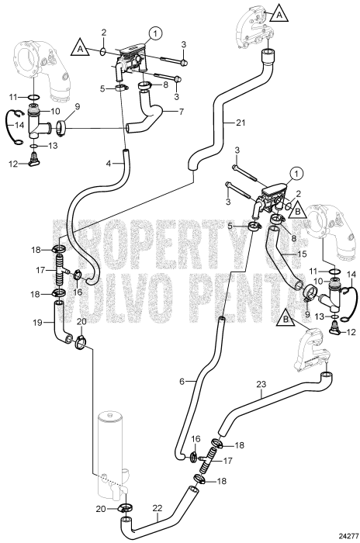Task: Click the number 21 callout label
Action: pyautogui.click(x=241, y=123)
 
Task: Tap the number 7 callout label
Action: pyautogui.click(x=182, y=112)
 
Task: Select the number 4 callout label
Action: pyautogui.click(x=109, y=163)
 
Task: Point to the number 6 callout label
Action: pyautogui.click(x=182, y=382)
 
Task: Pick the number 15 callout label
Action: pyautogui.click(x=302, y=254)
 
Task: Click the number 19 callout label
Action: pyautogui.click(x=37, y=323)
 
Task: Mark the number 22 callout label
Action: pyautogui.click(x=157, y=508)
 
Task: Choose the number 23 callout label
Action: pyautogui.click(x=261, y=384)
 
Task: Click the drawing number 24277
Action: pyautogui.click(x=348, y=536)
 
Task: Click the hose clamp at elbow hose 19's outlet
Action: pyautogui.click(x=81, y=342)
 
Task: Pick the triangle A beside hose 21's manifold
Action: pyautogui.click(x=279, y=16)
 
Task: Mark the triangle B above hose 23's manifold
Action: pyautogui.click(x=286, y=319)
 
